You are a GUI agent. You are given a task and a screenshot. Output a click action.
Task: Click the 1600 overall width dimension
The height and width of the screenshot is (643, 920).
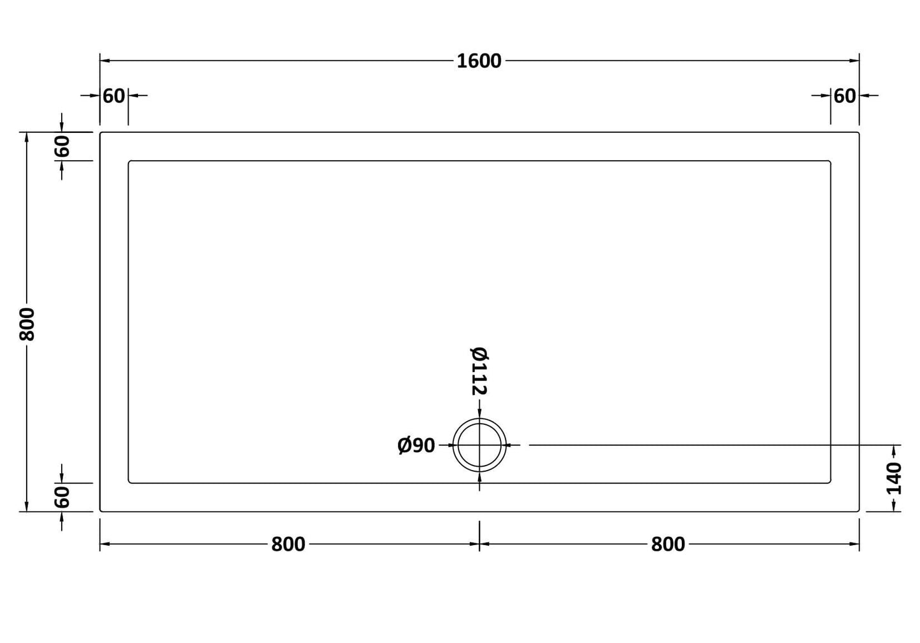point(479,61)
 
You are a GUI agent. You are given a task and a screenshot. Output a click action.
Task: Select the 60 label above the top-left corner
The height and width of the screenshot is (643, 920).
point(114,96)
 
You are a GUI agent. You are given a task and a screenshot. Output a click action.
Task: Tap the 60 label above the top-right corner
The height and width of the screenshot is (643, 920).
point(845,96)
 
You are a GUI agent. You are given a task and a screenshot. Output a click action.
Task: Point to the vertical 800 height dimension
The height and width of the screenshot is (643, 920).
point(27,324)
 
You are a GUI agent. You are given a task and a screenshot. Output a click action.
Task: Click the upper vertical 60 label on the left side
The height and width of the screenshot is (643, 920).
point(62,146)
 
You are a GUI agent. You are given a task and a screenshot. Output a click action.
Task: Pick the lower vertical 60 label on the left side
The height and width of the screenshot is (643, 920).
point(62,497)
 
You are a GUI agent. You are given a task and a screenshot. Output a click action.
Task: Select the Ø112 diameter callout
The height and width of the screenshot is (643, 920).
point(479,371)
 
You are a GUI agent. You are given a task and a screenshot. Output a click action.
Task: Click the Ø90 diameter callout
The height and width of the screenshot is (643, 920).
point(416,446)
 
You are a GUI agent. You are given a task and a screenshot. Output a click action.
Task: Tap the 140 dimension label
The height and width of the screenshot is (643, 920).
point(894,478)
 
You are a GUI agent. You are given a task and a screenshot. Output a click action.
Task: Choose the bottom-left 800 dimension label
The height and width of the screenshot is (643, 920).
point(288,544)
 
